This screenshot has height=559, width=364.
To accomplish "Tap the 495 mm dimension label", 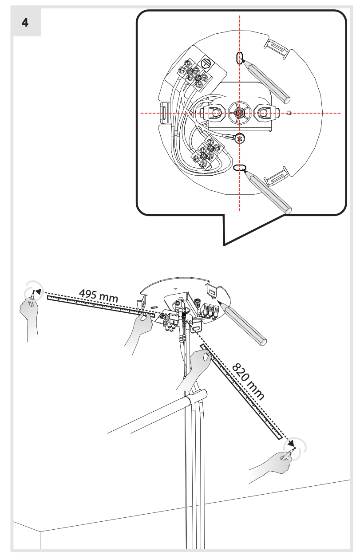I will pyautogui.click(x=98, y=295).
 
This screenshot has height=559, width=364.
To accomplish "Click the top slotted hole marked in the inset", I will pyautogui.click(x=240, y=58).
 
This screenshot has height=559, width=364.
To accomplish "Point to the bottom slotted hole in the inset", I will pyautogui.click(x=240, y=167).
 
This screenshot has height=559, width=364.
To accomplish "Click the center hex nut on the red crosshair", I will pyautogui.click(x=240, y=113).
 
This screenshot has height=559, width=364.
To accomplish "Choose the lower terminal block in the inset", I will pyautogui.click(x=207, y=154).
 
